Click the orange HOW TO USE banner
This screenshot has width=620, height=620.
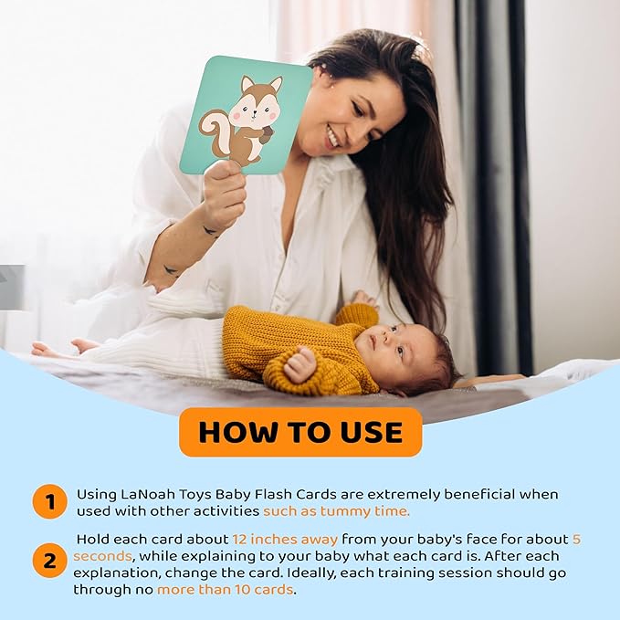300,432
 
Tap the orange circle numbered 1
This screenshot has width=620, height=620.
50,501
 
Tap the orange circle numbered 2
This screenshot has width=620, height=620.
50,561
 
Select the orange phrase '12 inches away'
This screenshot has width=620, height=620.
285,540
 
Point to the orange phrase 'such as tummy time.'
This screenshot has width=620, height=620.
337,511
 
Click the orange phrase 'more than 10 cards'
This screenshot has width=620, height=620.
225,590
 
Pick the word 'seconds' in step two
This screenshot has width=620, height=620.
102,556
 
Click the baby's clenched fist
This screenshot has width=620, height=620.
299,364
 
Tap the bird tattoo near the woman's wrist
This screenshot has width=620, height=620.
210,231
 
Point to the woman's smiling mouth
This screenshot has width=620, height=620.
333,136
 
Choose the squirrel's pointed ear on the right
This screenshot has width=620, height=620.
276,84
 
